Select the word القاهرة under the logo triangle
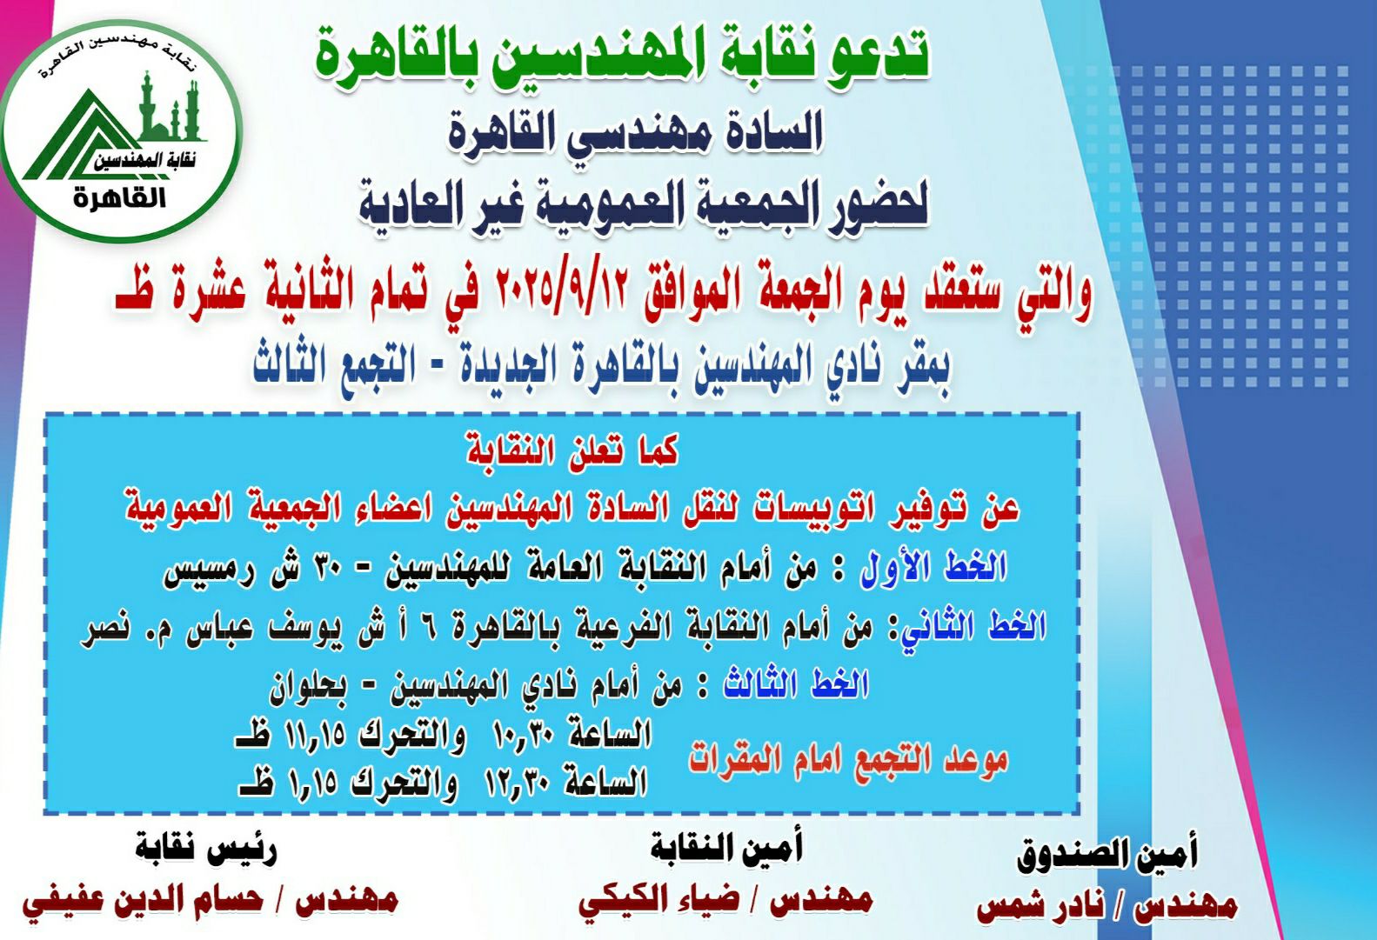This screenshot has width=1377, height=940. pyautogui.click(x=120, y=198)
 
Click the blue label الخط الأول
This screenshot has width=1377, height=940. pyautogui.click(x=932, y=566)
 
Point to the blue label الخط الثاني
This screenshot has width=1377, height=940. pyautogui.click(x=973, y=628)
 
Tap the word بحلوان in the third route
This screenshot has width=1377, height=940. pyautogui.click(x=308, y=688)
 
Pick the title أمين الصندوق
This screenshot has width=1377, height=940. pyautogui.click(x=1107, y=855)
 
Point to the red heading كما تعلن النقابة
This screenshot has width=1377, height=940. pyautogui.click(x=572, y=451)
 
